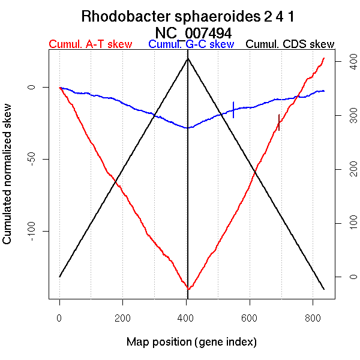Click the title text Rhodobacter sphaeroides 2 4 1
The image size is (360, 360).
(188, 16)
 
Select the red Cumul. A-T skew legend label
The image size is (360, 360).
(90, 44)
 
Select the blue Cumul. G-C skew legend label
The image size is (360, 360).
(191, 44)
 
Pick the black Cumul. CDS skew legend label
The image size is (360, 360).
(290, 44)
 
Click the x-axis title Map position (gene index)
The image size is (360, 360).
(191, 342)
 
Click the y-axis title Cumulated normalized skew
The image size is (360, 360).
(8, 181)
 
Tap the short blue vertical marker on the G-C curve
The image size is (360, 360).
(233, 110)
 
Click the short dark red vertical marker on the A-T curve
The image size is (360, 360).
(279, 122)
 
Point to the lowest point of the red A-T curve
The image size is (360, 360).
(188, 289)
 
